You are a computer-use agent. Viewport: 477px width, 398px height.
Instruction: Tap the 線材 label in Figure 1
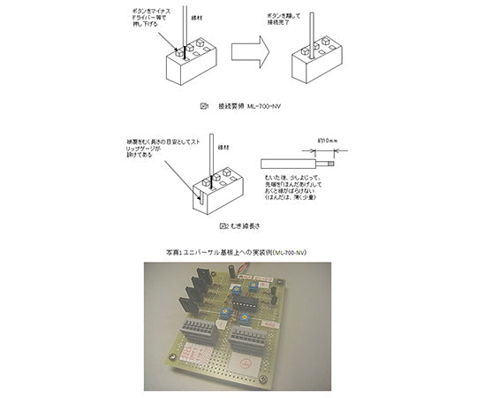click(x=196, y=16)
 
